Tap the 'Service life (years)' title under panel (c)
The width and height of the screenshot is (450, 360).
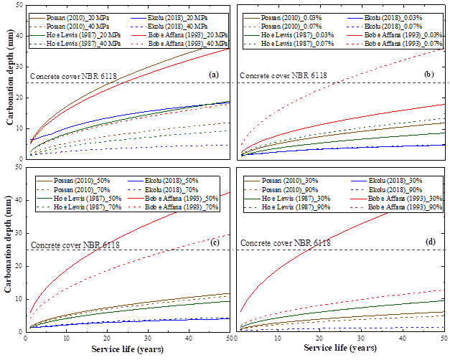126,349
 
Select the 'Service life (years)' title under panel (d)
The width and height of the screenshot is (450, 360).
343,349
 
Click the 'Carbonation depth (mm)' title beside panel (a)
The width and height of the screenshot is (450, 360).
9,82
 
